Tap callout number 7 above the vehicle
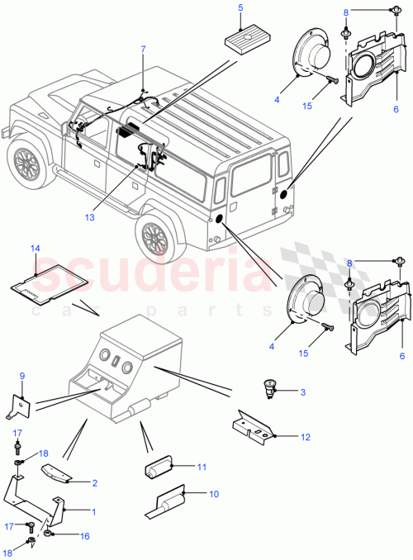coord(142,50)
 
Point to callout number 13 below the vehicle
coord(112,217)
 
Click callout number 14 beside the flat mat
coord(35,249)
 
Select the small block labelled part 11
coord(159,470)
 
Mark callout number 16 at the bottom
coord(85,536)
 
